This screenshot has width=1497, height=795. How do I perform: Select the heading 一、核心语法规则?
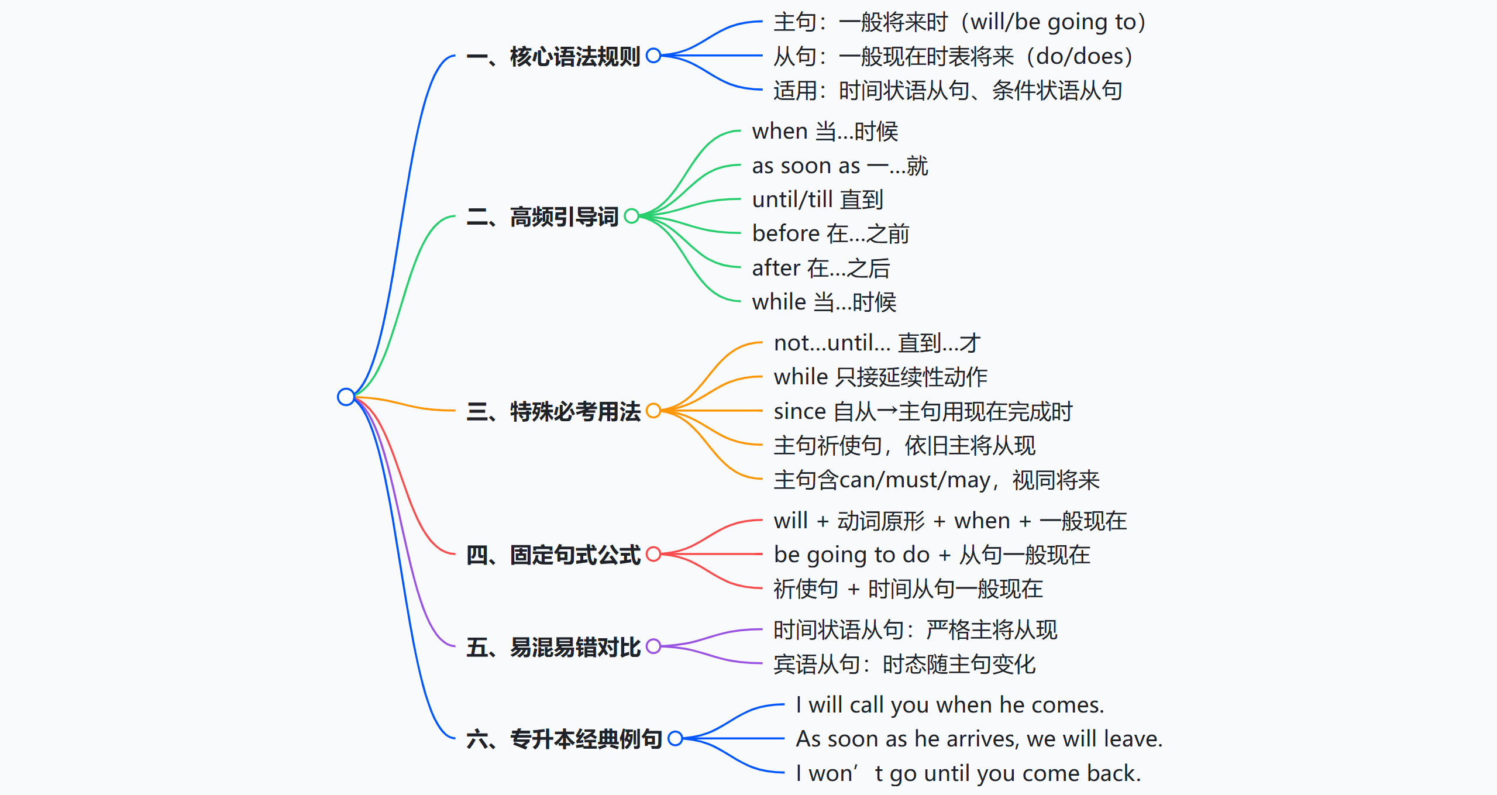tap(553, 56)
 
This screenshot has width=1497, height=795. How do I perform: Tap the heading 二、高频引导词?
tap(542, 216)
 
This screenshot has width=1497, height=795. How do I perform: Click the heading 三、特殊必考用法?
tap(553, 411)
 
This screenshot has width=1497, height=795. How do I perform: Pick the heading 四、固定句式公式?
tap(553, 555)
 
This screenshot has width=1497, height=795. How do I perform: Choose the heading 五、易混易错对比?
tap(553, 647)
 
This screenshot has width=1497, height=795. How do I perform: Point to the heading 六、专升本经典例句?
tap(564, 739)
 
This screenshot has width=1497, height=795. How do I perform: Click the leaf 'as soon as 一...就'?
tap(840, 166)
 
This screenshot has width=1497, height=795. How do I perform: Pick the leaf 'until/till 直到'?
tap(818, 199)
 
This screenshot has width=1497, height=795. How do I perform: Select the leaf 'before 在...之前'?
tap(831, 233)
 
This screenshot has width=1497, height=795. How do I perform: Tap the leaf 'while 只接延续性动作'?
tap(880, 377)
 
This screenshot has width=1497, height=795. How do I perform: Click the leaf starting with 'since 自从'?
tap(923, 411)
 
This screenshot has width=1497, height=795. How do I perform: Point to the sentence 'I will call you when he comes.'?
tap(950, 705)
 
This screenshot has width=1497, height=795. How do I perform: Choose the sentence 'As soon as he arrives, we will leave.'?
tap(979, 739)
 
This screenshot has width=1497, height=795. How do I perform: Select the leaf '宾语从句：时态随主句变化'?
tap(904, 664)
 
